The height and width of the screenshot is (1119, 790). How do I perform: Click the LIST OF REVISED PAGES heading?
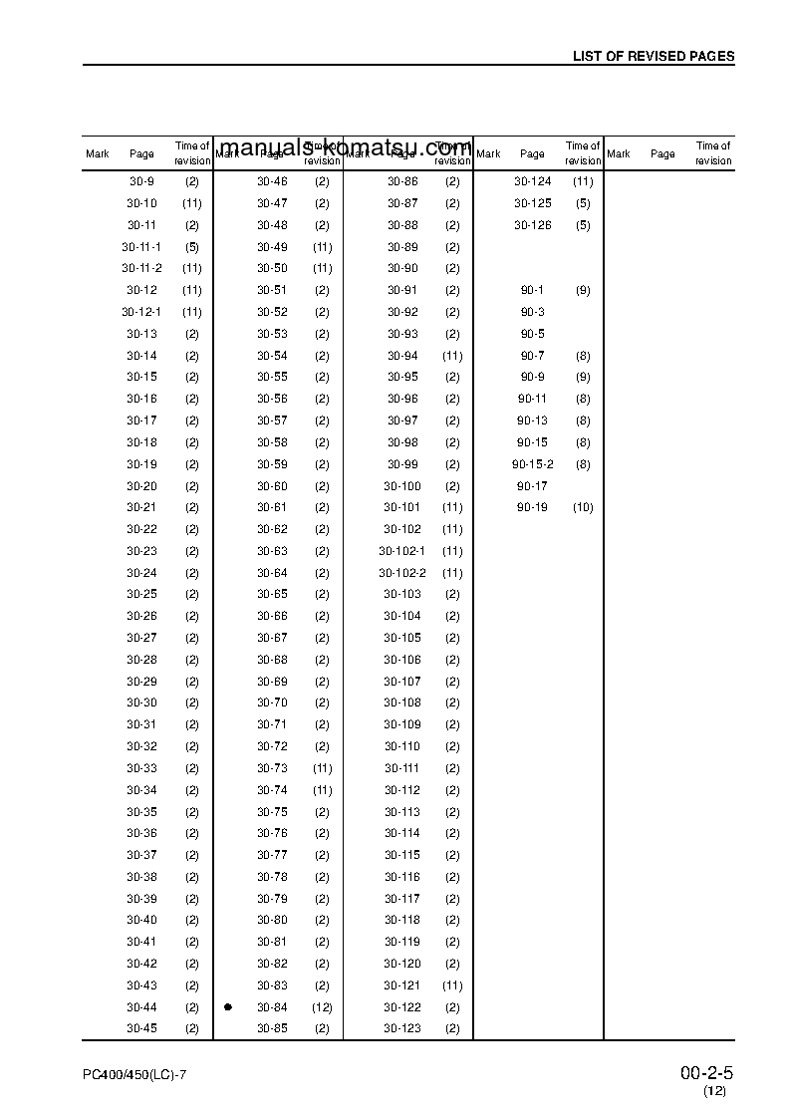coord(653,57)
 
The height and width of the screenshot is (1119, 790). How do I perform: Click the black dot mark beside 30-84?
coord(228,1007)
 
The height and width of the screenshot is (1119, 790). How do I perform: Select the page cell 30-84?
coord(272,1007)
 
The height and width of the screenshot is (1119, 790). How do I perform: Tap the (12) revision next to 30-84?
coord(322,1007)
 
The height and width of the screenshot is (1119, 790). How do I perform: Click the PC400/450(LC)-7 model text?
coord(135,1076)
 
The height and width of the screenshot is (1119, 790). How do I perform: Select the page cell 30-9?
coord(141,181)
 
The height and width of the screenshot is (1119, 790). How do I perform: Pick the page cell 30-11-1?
coord(141,247)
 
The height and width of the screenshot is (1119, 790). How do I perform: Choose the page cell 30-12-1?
coord(141,312)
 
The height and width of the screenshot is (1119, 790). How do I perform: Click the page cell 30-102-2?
coord(401,573)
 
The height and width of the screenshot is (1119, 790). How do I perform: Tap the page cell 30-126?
coord(532,225)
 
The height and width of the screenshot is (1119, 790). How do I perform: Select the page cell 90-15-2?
coord(532,464)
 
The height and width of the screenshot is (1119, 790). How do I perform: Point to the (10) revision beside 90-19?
coord(583,508)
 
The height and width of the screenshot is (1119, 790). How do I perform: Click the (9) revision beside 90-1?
coord(583,290)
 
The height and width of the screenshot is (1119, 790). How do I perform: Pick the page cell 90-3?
coord(532,312)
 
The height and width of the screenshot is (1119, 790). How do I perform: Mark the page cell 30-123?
coord(402,1028)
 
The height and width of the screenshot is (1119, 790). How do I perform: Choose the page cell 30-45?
coord(141,1028)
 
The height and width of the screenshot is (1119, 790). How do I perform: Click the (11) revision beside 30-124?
coord(583,181)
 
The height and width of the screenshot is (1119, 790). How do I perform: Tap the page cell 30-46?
coord(272,181)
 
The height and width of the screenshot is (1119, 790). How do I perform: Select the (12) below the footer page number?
coord(714,1092)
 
